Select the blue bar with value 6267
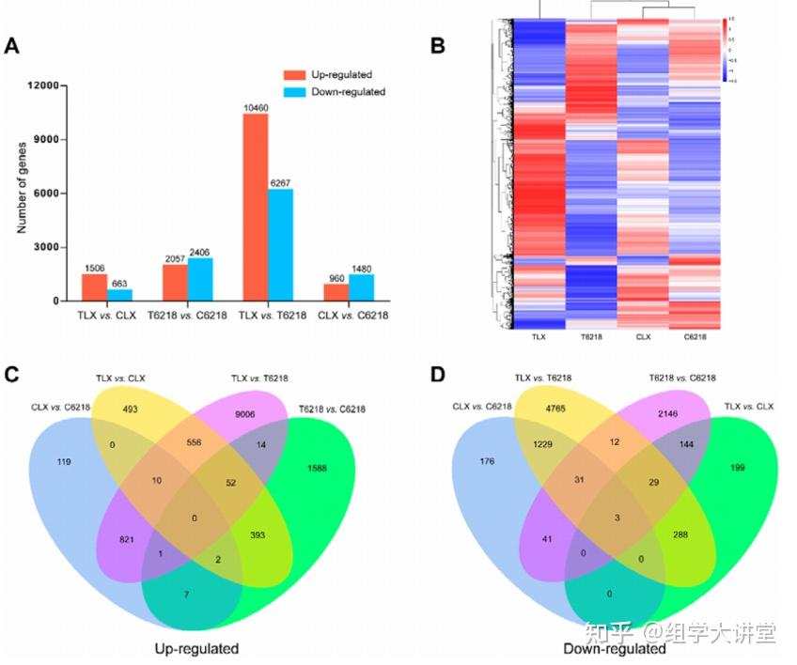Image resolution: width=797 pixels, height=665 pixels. point(280,244)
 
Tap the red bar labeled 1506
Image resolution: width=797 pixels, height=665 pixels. point(94,286)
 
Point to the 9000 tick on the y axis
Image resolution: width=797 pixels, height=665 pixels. point(46,140)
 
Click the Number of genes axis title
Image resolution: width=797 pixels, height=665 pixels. point(20,193)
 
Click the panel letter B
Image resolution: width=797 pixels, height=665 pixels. point(437,46)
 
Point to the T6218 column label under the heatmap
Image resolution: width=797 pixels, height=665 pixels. point(590,334)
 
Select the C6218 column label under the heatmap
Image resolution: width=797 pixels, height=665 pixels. point(695,334)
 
